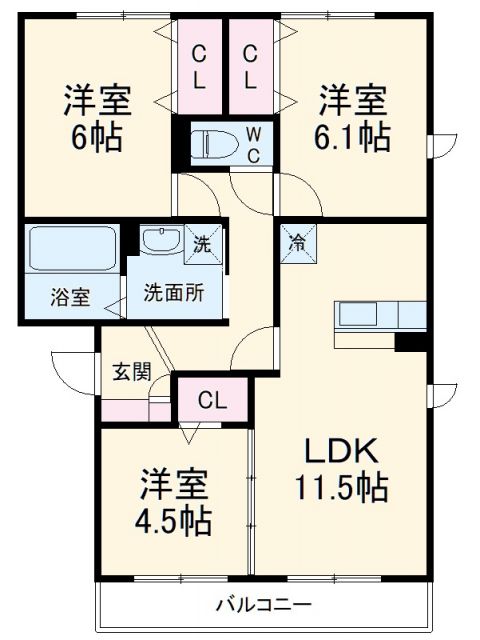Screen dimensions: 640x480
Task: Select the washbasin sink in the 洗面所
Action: tap(158, 241)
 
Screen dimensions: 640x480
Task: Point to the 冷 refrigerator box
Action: tap(298, 241)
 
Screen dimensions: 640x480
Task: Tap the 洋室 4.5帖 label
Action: tap(174, 502)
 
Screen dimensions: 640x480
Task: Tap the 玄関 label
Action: tap(130, 372)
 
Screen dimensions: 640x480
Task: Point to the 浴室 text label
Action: tap(70, 297)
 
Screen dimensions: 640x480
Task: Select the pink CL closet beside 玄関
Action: tap(211, 400)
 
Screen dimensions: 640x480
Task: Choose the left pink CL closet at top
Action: tap(200, 66)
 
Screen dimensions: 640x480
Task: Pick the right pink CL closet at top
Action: tap(251, 66)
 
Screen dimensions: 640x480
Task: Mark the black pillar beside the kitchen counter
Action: tap(410, 342)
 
